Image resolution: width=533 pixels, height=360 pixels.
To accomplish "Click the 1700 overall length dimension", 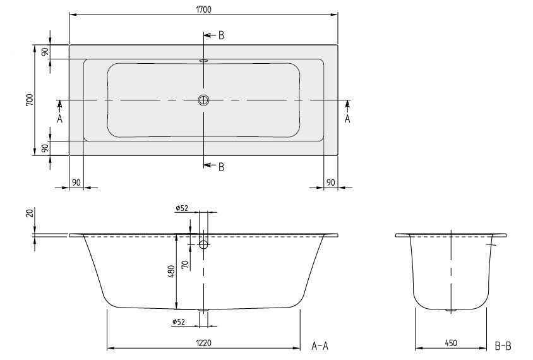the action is point(203,9).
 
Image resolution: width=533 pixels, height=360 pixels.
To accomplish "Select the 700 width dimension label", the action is point(30,100).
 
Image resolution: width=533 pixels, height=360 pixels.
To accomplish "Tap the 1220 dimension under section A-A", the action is point(203,343).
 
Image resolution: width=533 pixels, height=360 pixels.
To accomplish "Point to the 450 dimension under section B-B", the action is point(451,343).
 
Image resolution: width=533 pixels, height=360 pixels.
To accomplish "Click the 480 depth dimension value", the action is point(171,272).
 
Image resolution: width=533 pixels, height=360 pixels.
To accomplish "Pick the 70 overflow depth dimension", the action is point(185,265).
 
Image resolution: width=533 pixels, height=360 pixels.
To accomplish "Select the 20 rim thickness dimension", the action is point(30,213).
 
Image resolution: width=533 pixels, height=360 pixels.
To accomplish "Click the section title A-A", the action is point(320,345).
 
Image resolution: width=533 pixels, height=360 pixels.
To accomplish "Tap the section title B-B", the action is point(503,345).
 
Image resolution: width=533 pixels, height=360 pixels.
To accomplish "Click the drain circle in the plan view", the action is point(203,100).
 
